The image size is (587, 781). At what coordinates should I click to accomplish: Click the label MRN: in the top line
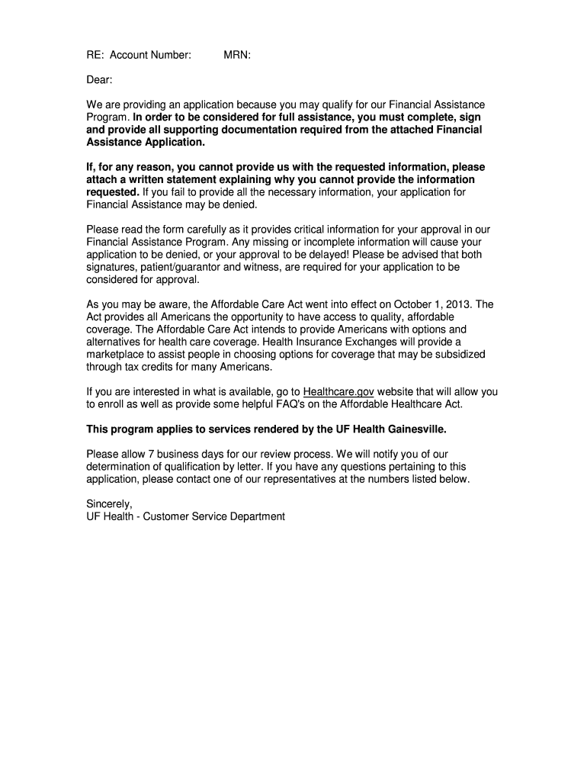click(x=237, y=55)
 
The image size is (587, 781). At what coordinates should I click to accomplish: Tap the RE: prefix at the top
click(x=95, y=55)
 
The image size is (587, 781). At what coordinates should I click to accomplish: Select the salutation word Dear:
click(x=99, y=79)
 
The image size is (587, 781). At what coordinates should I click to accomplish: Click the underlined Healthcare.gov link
click(x=338, y=392)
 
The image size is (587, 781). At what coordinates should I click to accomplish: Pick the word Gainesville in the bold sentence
click(x=412, y=429)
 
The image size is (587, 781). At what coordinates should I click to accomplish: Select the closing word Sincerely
click(x=110, y=504)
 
